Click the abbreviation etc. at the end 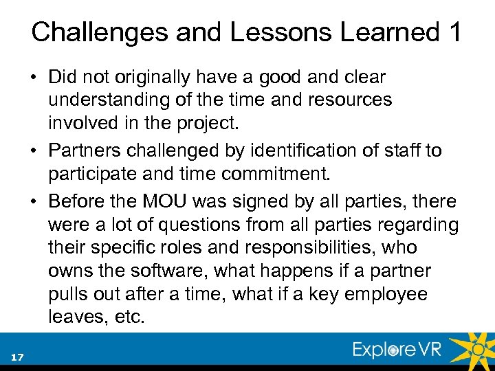click(122, 317)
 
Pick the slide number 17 click(17, 356)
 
